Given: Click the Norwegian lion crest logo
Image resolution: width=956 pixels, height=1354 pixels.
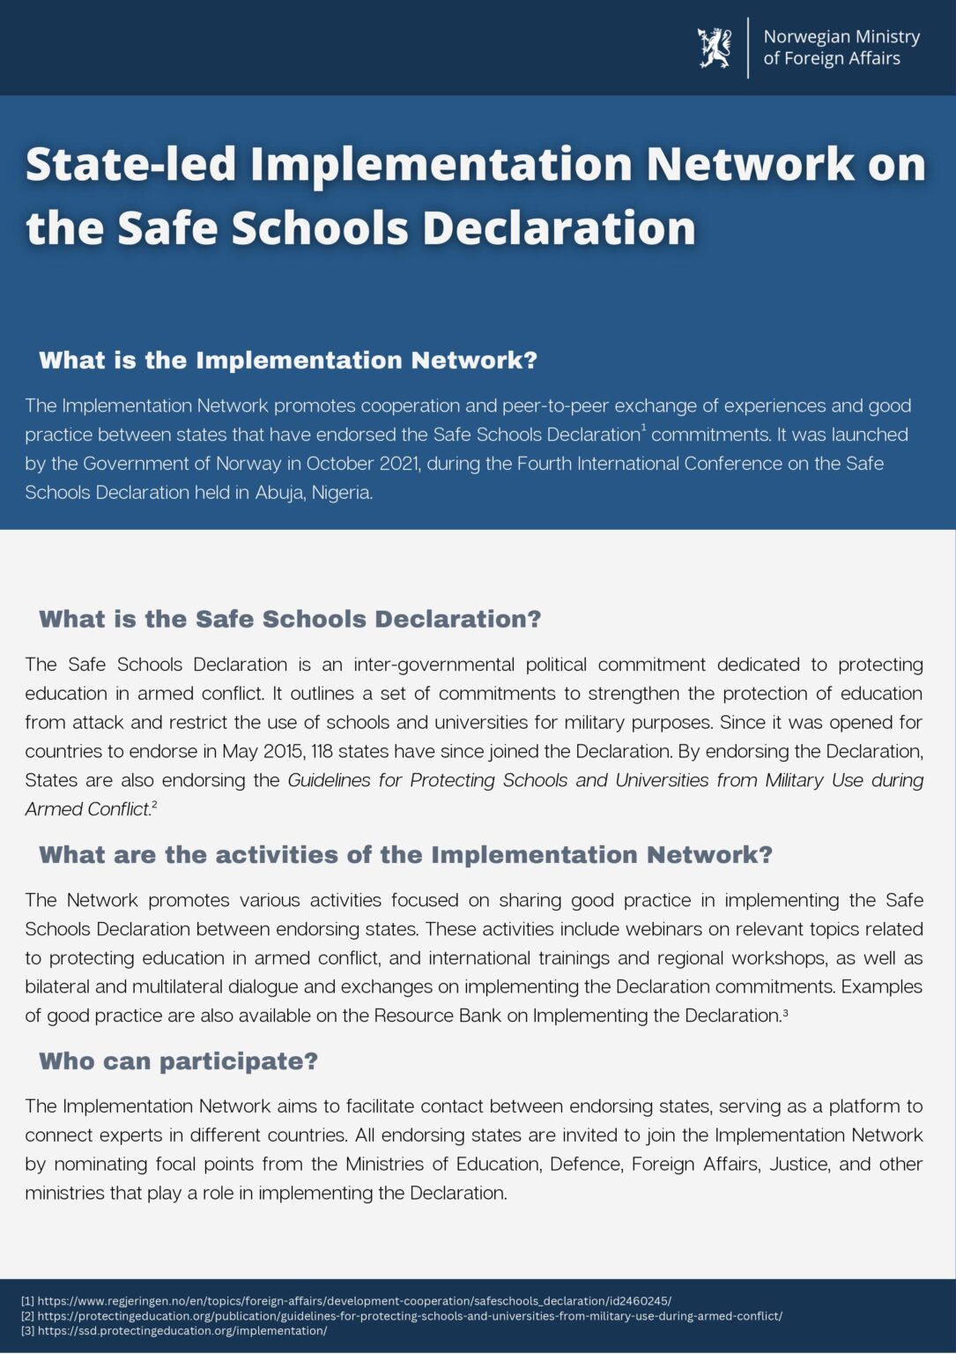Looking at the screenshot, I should [715, 48].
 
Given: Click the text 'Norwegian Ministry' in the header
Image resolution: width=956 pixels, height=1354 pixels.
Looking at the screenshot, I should [841, 37].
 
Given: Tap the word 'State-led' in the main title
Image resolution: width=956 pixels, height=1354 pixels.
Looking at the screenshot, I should [131, 165].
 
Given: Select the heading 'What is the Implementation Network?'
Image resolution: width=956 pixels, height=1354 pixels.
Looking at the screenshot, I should [288, 361].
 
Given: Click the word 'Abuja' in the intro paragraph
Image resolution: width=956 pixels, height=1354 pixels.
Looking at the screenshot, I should [279, 493].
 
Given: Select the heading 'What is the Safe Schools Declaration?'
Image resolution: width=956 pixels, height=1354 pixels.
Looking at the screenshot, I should [290, 619].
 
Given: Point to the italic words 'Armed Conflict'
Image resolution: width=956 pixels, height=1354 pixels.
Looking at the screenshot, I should [87, 809].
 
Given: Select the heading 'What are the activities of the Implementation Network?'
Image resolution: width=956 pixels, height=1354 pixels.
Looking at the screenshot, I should [405, 855].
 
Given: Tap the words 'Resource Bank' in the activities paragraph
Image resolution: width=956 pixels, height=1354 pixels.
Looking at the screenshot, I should [437, 1015].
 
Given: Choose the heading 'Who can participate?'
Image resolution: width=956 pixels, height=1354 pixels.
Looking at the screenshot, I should [178, 1061].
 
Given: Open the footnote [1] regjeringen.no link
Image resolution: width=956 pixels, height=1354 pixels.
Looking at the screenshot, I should [353, 1301].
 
